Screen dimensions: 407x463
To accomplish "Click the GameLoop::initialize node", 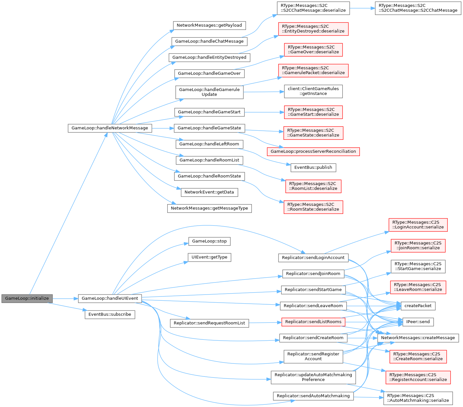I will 27,298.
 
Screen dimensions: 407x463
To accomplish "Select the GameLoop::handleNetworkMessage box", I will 110,128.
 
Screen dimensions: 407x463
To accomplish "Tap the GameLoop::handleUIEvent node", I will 110,298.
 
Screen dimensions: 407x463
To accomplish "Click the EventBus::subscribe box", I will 110,314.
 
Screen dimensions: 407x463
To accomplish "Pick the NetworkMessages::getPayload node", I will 209,25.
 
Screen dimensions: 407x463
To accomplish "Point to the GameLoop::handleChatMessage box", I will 209,41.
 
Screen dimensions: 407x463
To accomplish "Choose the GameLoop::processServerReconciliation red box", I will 313,151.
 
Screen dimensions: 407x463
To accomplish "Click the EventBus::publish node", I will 313,168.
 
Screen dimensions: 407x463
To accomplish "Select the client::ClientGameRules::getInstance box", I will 313,91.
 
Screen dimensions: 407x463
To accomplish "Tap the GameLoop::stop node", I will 209,241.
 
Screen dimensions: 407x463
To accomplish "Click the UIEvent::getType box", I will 209,257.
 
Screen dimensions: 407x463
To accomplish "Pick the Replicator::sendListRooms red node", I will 313,322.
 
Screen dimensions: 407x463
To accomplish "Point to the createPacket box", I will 418,306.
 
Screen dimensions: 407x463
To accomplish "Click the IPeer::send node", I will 418,322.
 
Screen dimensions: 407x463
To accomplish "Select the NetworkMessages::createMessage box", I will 418,338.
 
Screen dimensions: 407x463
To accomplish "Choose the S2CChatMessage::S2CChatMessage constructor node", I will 418,8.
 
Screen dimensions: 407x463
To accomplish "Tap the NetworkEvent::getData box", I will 209,192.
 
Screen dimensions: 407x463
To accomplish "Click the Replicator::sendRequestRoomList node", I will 209,323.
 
